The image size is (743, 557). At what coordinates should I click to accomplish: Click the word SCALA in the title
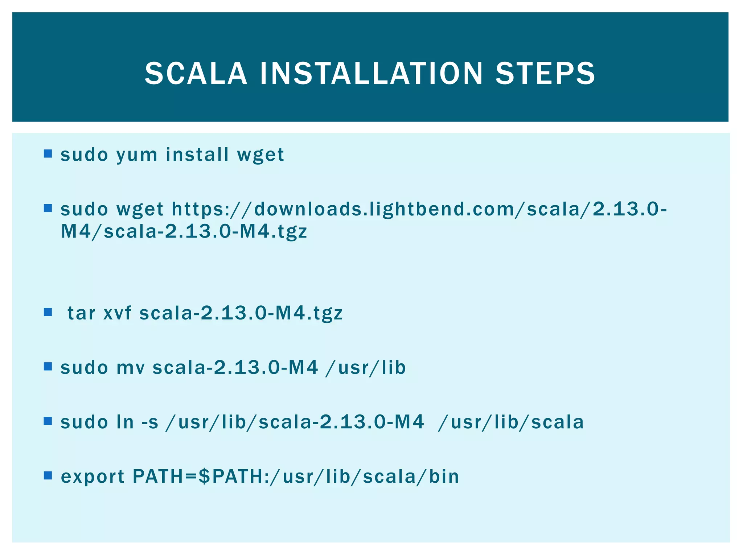click(x=196, y=74)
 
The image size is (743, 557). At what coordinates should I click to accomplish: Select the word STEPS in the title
click(x=545, y=74)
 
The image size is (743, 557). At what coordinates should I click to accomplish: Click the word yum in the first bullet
click(x=137, y=155)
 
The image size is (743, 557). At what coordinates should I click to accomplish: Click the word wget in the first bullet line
click(x=260, y=155)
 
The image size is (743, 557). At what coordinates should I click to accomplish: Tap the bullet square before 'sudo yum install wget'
click(x=48, y=154)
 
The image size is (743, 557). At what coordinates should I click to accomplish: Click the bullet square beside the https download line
click(x=48, y=209)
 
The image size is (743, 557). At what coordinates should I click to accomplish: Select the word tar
click(x=81, y=313)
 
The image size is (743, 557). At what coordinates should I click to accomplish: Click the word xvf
click(x=117, y=313)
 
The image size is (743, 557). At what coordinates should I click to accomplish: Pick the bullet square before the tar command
click(x=48, y=312)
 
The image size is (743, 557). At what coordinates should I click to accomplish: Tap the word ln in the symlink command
click(x=125, y=422)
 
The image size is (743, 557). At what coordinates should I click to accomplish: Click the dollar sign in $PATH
click(x=205, y=476)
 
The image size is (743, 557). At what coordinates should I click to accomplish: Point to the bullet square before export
click(x=48, y=475)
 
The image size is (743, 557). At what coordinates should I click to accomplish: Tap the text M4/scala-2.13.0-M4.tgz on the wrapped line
click(x=184, y=231)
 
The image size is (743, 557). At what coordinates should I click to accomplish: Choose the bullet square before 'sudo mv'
click(x=48, y=367)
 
